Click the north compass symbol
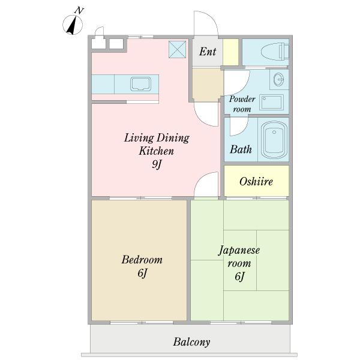(73, 25)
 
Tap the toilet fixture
(275, 52)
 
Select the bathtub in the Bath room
(274, 140)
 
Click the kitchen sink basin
(141, 84)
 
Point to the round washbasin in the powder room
(279, 79)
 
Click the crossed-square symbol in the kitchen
(177, 49)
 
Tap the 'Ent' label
(208, 52)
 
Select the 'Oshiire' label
(256, 182)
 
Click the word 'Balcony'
(191, 342)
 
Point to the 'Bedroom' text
(142, 260)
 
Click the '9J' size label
(157, 164)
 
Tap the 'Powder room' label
(242, 104)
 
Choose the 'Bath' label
(241, 149)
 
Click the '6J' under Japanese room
(239, 276)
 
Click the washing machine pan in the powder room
(271, 102)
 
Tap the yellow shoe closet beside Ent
(230, 52)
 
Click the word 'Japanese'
(239, 251)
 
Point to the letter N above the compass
(79, 11)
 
